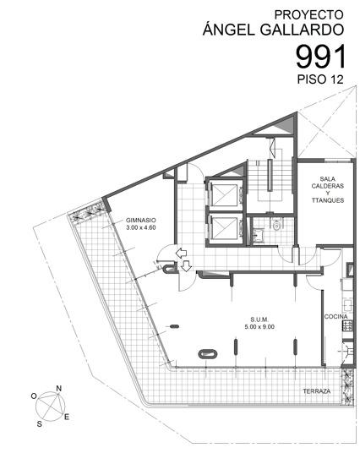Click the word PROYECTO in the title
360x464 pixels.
click(308, 14)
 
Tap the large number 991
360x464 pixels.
click(321, 57)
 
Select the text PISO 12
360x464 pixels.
click(320, 79)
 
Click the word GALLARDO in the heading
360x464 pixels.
click(302, 30)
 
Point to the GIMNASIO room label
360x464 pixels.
click(141, 220)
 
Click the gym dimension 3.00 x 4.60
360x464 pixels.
click(141, 227)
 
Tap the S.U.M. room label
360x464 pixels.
click(259, 319)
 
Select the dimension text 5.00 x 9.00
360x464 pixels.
click(259, 327)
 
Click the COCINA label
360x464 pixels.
click(336, 317)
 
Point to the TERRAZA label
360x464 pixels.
click(317, 391)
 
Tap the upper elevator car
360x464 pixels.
click(225, 195)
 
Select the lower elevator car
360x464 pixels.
click(225, 228)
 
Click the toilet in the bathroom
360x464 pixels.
click(277, 226)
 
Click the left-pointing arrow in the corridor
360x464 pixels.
click(181, 254)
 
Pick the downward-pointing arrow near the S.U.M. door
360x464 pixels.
click(186, 265)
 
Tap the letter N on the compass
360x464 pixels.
click(59, 388)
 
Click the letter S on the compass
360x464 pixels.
click(40, 424)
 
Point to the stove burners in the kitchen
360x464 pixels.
click(347, 326)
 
